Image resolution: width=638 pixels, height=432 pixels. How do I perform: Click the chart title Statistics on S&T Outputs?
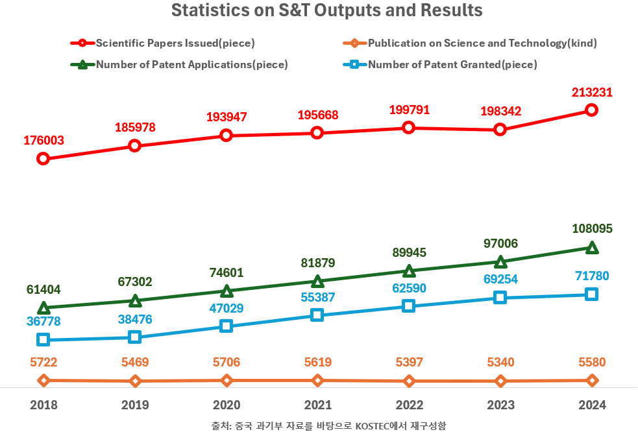326,11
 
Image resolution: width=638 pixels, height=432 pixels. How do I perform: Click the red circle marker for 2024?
591,110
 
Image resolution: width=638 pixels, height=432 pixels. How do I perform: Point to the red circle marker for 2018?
43,158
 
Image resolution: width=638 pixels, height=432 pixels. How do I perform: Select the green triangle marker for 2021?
317,282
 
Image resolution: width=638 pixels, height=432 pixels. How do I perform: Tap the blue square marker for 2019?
135,337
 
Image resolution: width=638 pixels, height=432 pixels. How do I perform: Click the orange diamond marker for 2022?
409,381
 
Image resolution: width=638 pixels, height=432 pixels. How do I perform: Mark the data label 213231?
591,92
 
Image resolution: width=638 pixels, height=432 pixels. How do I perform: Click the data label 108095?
592,229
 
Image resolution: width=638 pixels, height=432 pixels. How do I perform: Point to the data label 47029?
225,308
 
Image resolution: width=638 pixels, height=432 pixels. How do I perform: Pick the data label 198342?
500,112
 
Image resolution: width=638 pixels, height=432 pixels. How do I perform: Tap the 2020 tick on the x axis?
227,405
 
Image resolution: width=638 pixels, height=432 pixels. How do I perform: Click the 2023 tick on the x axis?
500,405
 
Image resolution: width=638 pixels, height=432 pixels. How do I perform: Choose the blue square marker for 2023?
500,297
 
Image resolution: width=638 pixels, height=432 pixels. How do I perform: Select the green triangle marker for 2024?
591,248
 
